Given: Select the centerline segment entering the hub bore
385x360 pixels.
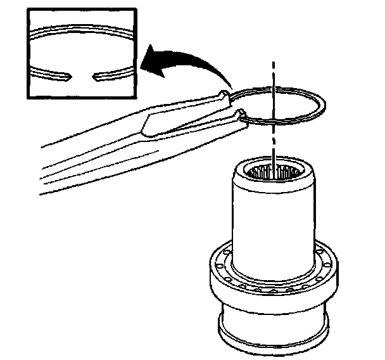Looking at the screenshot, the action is point(274,152).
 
